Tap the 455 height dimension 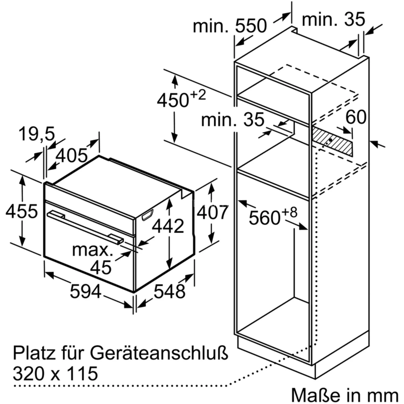click(x=22, y=211)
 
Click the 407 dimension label click(x=213, y=213)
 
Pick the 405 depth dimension click(x=72, y=155)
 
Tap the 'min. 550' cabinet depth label click(x=230, y=26)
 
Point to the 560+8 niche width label click(x=273, y=216)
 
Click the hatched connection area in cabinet click(x=332, y=141)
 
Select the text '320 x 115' click(x=55, y=373)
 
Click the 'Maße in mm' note click(x=344, y=395)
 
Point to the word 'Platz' click(x=34, y=353)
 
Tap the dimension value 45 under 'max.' click(x=101, y=267)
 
